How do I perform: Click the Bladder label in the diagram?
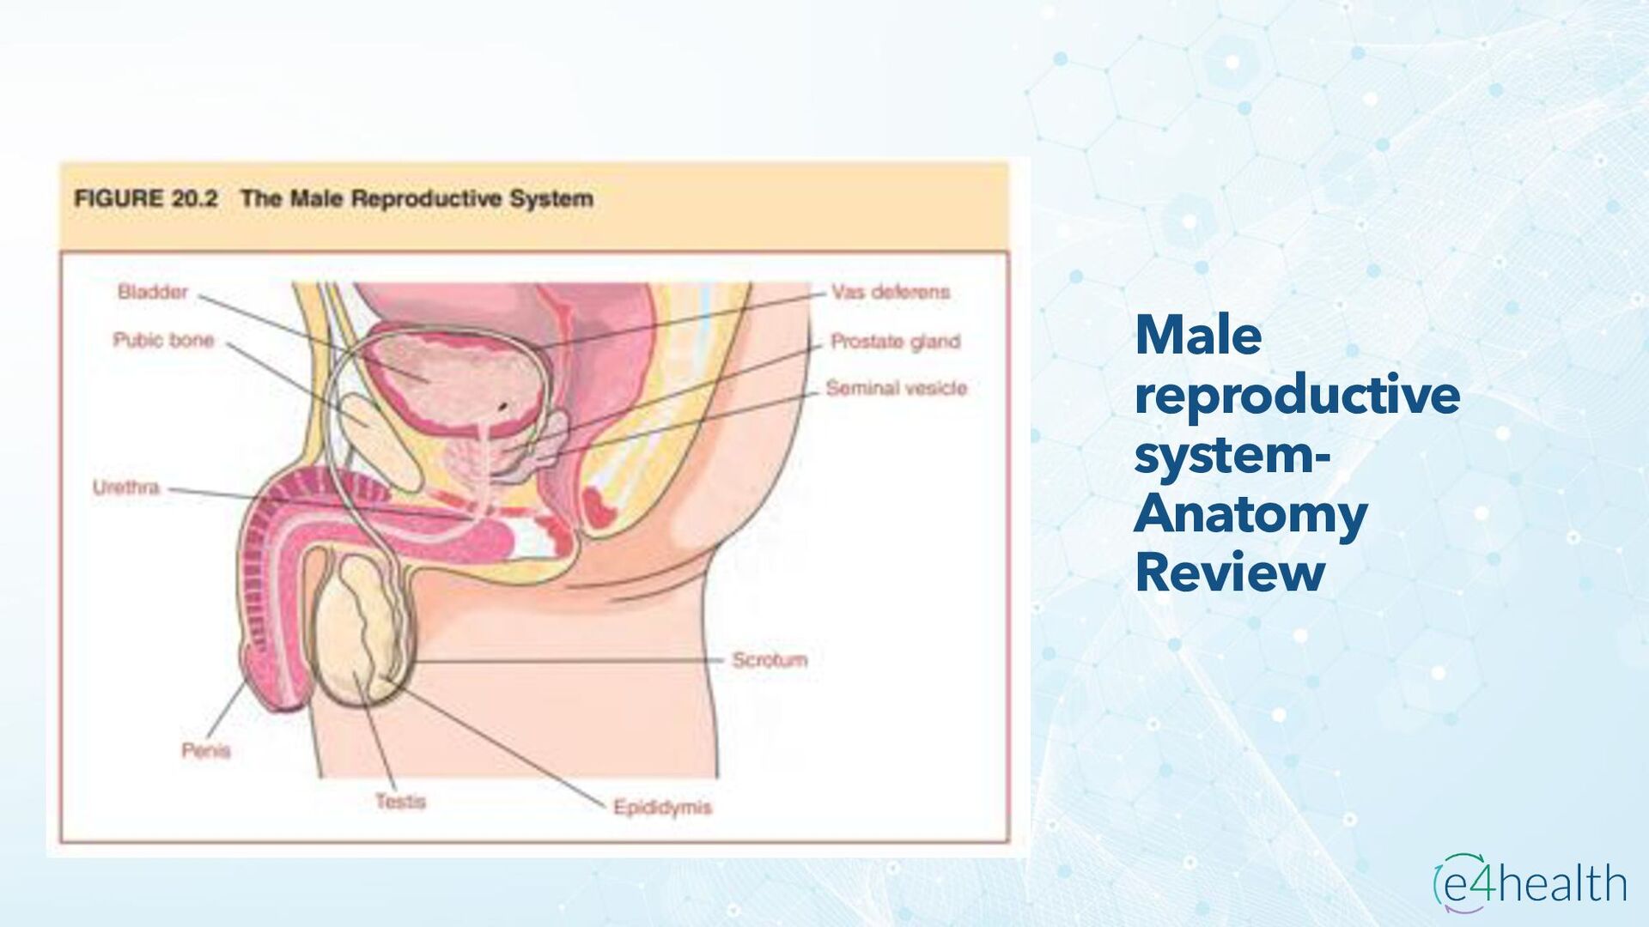[152, 292]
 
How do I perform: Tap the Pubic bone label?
[163, 340]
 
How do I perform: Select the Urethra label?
[125, 488]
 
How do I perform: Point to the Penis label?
[206, 751]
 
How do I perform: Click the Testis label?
[400, 802]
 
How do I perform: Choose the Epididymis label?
[662, 808]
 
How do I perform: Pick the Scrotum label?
[770, 660]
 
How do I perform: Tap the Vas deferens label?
[891, 292]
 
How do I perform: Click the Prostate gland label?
[896, 342]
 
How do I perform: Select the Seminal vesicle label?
[897, 389]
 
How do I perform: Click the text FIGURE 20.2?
[146, 199]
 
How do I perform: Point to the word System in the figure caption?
[551, 199]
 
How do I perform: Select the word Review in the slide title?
[1230, 573]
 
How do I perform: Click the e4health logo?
[1530, 883]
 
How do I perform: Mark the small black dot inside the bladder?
[503, 405]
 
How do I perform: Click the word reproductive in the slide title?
[1297, 395]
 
